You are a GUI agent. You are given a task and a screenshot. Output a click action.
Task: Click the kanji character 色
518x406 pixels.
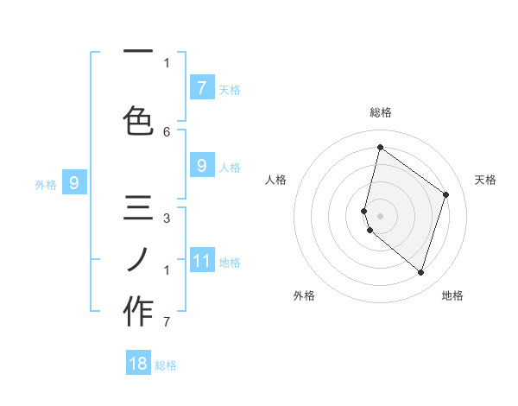[138, 120]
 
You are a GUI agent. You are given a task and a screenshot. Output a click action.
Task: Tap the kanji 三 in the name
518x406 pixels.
[138, 210]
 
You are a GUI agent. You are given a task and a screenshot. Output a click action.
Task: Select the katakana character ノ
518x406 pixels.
[138, 258]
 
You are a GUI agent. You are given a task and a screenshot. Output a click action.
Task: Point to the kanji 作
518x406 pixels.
[138, 311]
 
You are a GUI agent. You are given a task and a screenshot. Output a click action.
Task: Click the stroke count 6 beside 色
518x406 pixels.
[167, 131]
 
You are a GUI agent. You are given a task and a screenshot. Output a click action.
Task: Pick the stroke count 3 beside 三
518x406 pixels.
[167, 218]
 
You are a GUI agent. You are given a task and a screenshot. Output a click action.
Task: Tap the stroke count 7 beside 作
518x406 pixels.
[167, 322]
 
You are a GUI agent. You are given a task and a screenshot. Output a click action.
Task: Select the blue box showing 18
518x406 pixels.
[138, 364]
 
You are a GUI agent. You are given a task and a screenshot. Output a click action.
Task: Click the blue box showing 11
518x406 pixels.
[202, 261]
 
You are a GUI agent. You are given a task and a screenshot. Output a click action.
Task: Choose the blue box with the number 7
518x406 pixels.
[202, 87]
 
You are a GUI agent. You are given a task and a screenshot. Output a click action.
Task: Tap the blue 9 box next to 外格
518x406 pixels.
[74, 183]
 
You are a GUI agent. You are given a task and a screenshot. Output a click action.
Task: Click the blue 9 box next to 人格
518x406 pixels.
[202, 166]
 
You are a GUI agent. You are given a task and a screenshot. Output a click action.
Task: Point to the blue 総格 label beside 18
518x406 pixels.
[166, 365]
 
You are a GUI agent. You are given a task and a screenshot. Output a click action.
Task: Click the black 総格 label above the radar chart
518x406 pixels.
[380, 112]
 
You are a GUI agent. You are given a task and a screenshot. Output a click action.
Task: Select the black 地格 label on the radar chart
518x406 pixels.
[452, 295]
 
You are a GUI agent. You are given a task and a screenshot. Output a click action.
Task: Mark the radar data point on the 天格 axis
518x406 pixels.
[446, 194]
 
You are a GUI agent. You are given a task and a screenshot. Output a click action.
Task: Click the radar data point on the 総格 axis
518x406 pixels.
[380, 147]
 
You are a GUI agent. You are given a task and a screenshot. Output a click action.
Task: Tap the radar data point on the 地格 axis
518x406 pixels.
[420, 272]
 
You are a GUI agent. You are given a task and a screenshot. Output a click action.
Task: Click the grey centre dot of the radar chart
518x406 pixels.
[380, 215]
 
